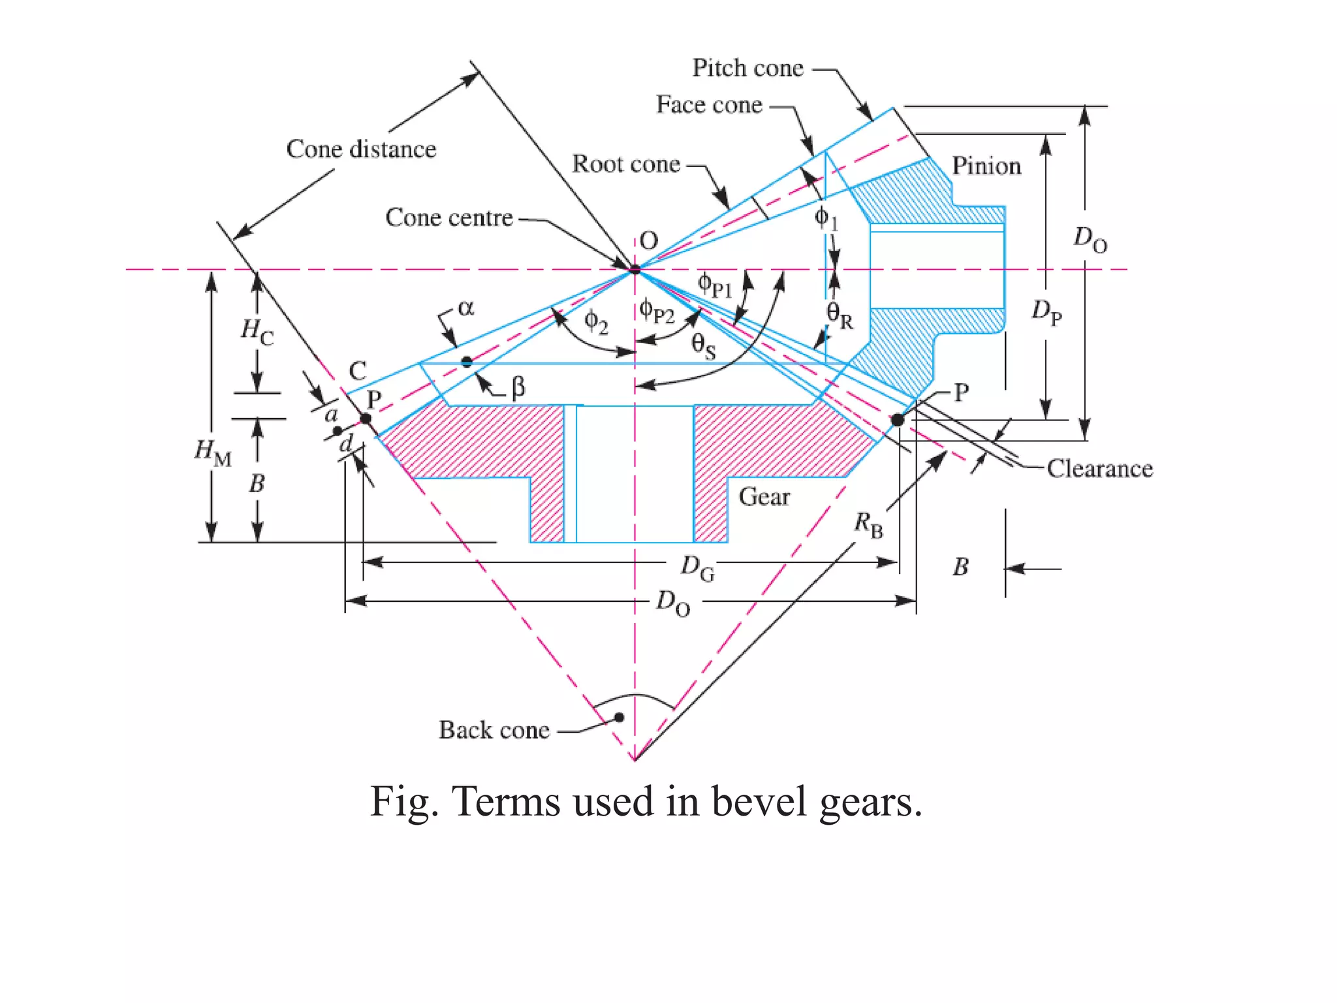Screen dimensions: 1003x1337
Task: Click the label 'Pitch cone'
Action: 747,68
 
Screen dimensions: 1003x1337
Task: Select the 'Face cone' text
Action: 709,104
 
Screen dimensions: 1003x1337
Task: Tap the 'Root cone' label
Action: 626,164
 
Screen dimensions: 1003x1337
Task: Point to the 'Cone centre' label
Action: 449,217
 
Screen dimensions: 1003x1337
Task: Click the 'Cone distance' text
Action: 361,149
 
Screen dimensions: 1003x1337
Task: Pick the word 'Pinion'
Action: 986,166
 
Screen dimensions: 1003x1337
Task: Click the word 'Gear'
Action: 764,497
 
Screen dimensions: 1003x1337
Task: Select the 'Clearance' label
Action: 1099,469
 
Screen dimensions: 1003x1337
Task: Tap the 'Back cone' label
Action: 494,730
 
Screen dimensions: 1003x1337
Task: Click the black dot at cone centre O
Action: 635,268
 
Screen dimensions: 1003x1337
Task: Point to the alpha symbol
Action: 465,308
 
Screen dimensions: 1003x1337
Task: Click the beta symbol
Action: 518,387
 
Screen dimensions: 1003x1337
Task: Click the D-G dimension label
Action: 697,567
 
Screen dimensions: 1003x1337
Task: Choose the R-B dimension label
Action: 869,524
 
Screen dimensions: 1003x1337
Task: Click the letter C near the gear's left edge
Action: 358,371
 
